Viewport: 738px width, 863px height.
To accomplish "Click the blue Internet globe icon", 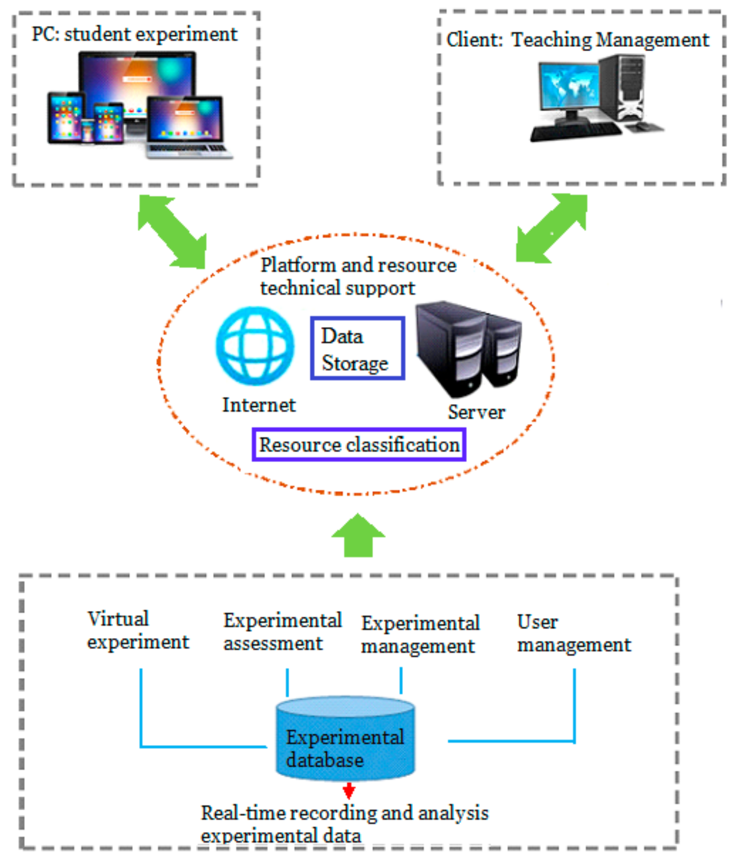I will [255, 346].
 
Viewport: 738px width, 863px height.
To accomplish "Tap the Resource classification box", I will [359, 444].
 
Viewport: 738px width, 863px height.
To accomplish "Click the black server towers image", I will [468, 349].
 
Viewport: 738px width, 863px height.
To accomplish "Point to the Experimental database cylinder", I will [345, 739].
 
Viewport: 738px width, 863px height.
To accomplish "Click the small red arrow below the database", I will [348, 791].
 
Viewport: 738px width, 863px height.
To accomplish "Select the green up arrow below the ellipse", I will [358, 535].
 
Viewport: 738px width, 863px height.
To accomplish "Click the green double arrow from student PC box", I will [172, 232].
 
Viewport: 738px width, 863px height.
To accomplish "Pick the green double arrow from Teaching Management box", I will [551, 227].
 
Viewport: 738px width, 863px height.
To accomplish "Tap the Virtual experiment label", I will [137, 630].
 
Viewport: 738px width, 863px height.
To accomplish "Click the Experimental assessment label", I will [282, 632].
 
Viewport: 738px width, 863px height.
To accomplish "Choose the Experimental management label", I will [420, 634].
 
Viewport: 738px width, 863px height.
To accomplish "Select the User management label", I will [574, 633].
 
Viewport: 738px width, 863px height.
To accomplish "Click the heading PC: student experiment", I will [135, 34].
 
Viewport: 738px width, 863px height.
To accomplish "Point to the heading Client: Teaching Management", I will [577, 40].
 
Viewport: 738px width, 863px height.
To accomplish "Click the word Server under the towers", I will [476, 412].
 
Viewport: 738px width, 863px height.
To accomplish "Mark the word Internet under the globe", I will [259, 405].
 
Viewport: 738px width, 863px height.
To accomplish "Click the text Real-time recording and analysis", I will [344, 813].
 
